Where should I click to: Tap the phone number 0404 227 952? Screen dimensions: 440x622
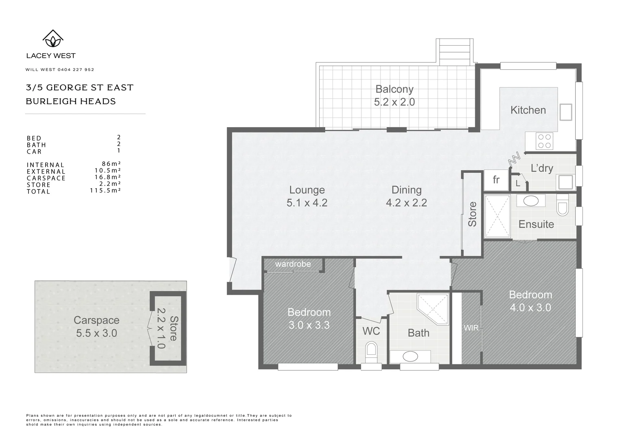click(x=77, y=70)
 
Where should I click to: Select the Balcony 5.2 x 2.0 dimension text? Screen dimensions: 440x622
click(x=394, y=102)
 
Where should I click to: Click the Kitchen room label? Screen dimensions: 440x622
click(x=528, y=110)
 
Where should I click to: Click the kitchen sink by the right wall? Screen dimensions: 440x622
click(x=566, y=112)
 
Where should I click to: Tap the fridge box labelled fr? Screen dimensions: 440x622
click(x=496, y=180)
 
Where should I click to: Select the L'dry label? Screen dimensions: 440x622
click(x=542, y=168)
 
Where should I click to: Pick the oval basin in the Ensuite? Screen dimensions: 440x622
click(x=530, y=200)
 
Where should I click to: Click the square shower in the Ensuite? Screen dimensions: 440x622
click(x=497, y=216)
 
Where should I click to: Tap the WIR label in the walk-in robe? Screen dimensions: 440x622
click(x=471, y=328)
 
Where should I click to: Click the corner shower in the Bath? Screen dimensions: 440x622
click(x=433, y=308)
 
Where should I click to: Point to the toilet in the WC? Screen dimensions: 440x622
click(x=371, y=351)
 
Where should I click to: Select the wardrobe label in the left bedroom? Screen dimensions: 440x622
click(x=293, y=264)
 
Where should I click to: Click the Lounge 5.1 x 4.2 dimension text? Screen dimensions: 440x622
click(x=307, y=202)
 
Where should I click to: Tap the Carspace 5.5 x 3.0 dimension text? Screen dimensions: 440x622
click(x=96, y=333)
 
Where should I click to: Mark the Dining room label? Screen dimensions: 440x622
click(x=406, y=190)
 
